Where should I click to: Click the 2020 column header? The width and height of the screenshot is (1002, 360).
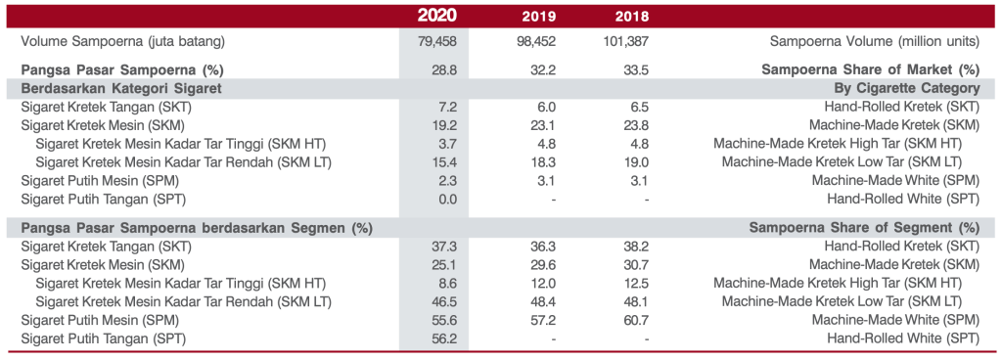pos(435,16)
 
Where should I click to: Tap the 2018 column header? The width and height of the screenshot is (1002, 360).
pos(631,17)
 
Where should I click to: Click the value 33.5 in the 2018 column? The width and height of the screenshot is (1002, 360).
pos(637,69)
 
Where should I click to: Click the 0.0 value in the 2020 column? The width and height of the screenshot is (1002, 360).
pos(449,199)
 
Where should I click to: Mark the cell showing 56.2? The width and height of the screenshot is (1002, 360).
pos(446,338)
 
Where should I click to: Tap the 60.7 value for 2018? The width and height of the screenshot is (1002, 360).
pos(637,320)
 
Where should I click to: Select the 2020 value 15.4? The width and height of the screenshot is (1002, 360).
pos(446,161)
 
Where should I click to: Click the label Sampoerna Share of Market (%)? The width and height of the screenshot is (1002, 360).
pos(870,69)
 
